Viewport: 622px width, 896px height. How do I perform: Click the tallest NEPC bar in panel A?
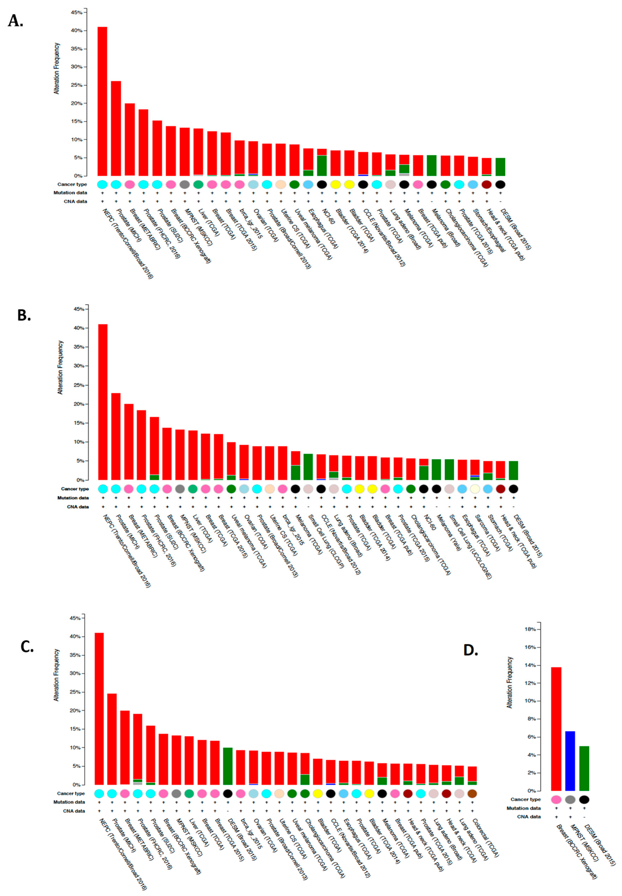pyautogui.click(x=102, y=101)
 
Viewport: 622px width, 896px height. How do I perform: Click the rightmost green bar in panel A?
pyautogui.click(x=500, y=167)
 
